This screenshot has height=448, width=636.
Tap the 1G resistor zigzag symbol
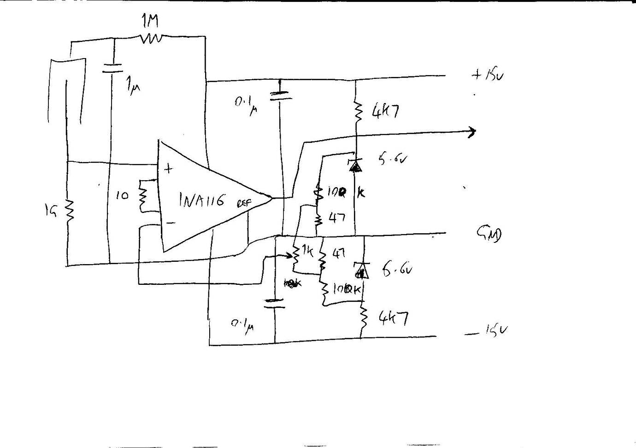pos(69,211)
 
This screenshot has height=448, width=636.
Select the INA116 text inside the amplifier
pos(202,200)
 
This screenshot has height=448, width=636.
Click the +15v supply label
pos(488,75)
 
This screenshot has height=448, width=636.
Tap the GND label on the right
pos(489,235)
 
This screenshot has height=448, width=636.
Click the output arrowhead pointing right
pos(471,133)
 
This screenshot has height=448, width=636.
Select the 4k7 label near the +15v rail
pos(383,112)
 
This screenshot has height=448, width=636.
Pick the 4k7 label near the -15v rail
pos(393,318)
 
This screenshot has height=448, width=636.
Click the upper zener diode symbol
pos(355,165)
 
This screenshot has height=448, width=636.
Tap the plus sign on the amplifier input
pos(169,169)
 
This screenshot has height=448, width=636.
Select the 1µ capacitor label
pos(132,86)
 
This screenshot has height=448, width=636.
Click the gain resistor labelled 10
pos(142,195)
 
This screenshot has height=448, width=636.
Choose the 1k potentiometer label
pos(306,251)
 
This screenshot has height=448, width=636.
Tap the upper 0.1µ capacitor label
pos(246,106)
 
